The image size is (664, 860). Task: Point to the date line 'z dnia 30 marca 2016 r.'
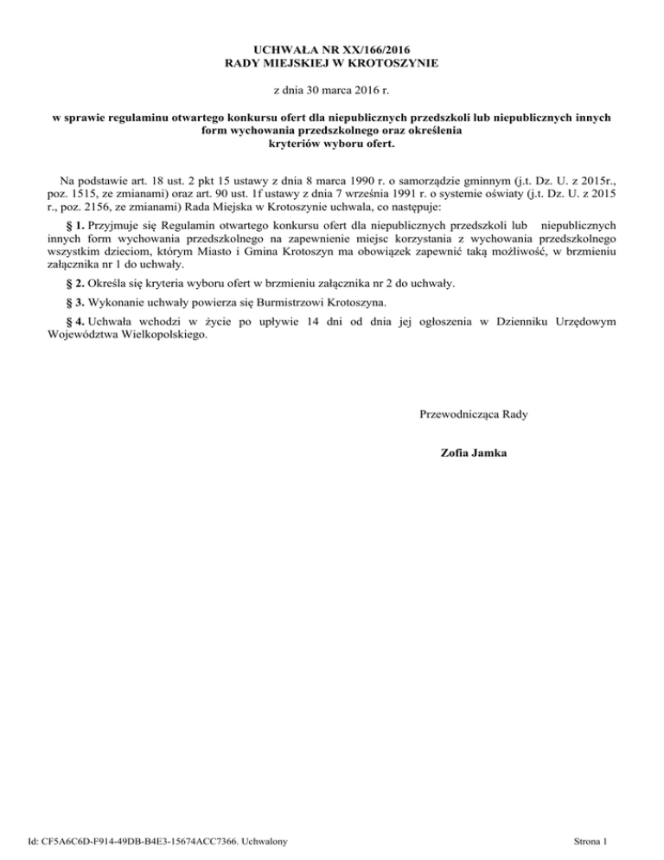pyautogui.click(x=332, y=90)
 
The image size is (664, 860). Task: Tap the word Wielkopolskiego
pyautogui.click(x=164, y=336)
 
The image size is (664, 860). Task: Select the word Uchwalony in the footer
pyautogui.click(x=261, y=840)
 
